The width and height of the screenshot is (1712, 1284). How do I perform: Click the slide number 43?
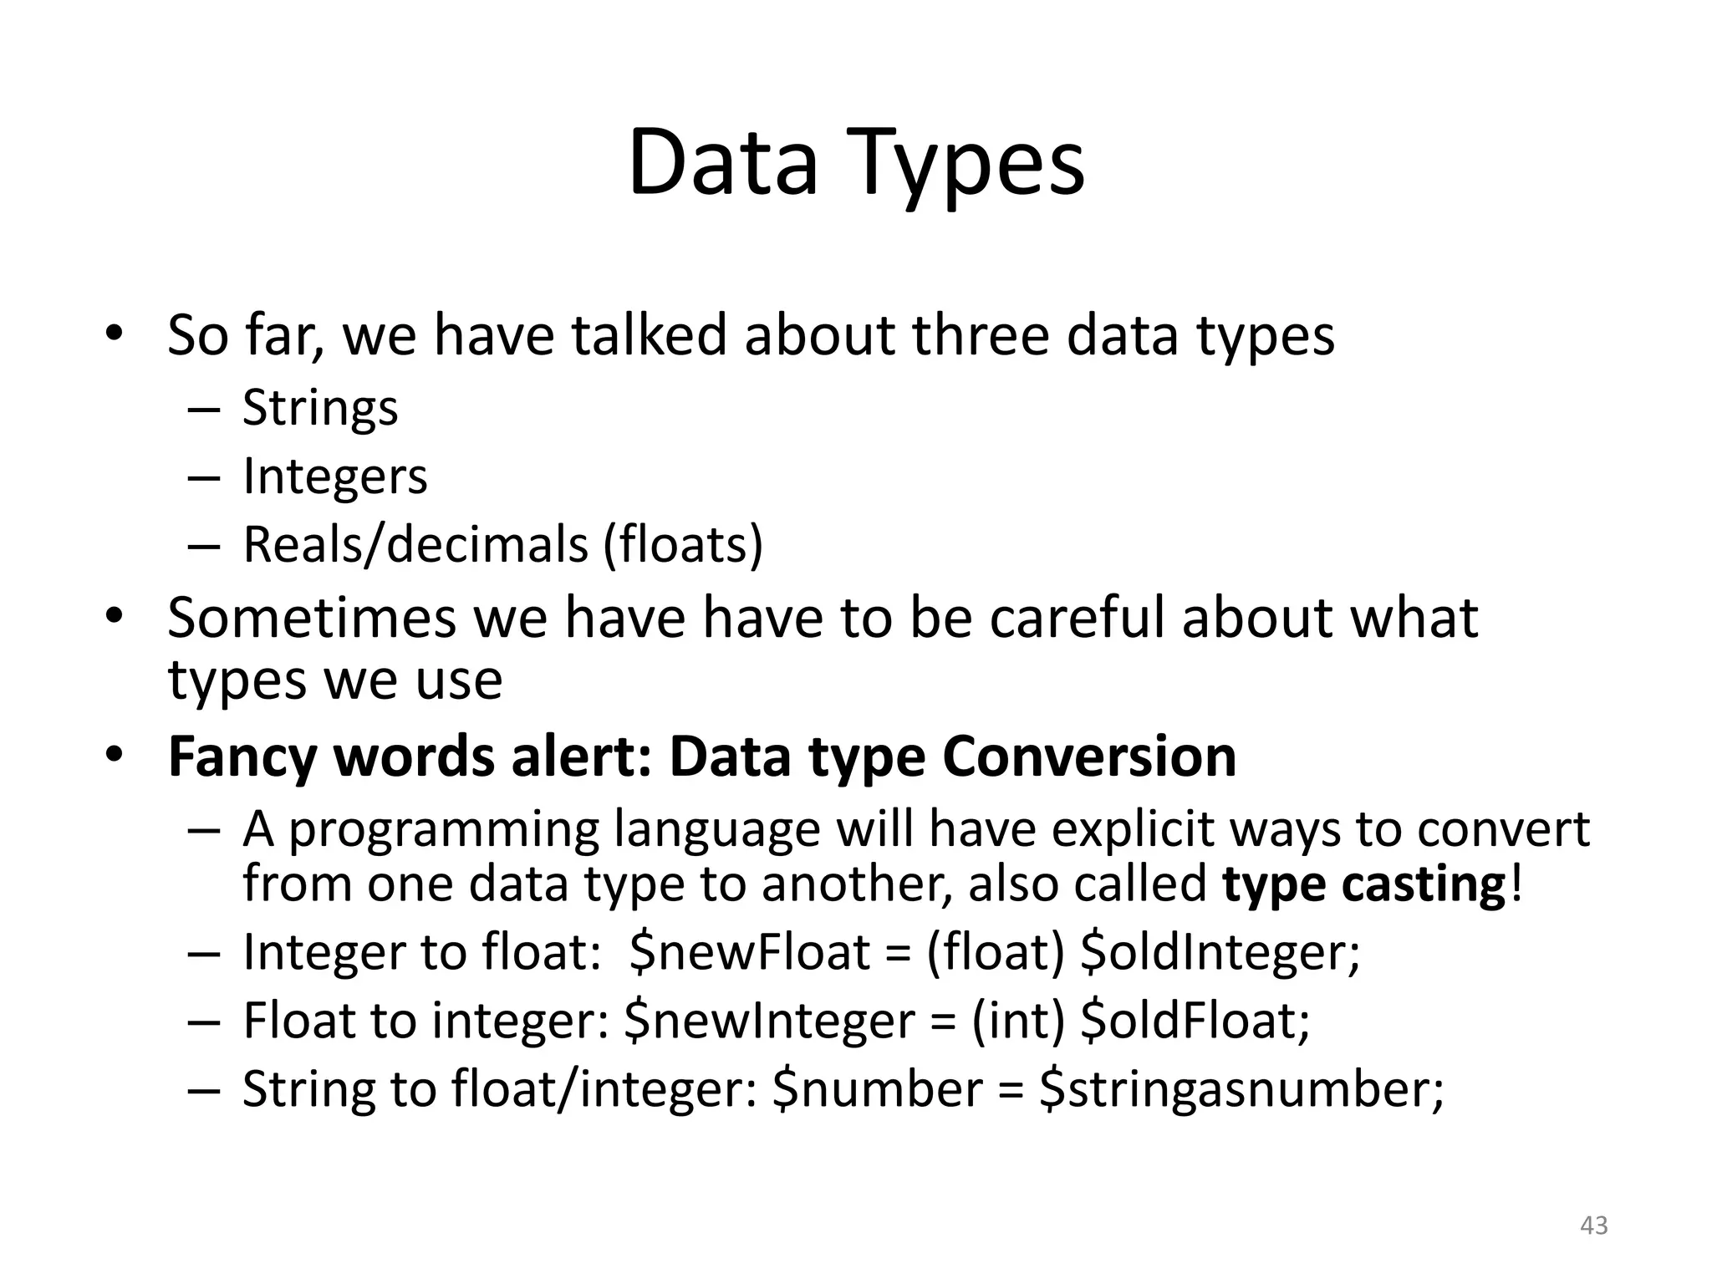[1594, 1225]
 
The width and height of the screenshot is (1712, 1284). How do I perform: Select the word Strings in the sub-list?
[320, 409]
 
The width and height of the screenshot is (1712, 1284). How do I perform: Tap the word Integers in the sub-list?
[334, 476]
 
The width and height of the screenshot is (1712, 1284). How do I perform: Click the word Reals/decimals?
[415, 545]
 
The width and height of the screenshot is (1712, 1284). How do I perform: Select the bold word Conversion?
[1089, 757]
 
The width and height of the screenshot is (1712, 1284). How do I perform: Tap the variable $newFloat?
[750, 952]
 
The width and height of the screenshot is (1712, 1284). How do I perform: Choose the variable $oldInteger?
[1220, 952]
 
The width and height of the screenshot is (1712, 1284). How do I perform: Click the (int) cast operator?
[1018, 1021]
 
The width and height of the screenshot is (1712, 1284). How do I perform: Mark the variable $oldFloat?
[1195, 1021]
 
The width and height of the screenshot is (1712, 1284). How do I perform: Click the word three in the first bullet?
[981, 335]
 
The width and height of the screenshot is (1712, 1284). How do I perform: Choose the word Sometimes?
[312, 619]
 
